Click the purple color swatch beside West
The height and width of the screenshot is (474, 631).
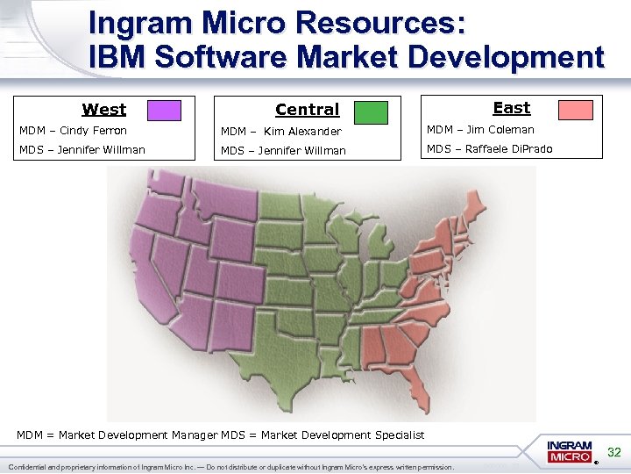164,110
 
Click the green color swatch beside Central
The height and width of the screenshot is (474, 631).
371,111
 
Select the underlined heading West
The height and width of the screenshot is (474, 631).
103,110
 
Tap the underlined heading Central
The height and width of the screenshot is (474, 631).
307,110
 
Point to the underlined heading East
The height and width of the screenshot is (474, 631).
511,108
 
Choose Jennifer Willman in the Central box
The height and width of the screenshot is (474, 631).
302,150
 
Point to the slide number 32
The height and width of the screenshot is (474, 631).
614,453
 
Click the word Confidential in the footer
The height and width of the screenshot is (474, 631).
31,467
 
